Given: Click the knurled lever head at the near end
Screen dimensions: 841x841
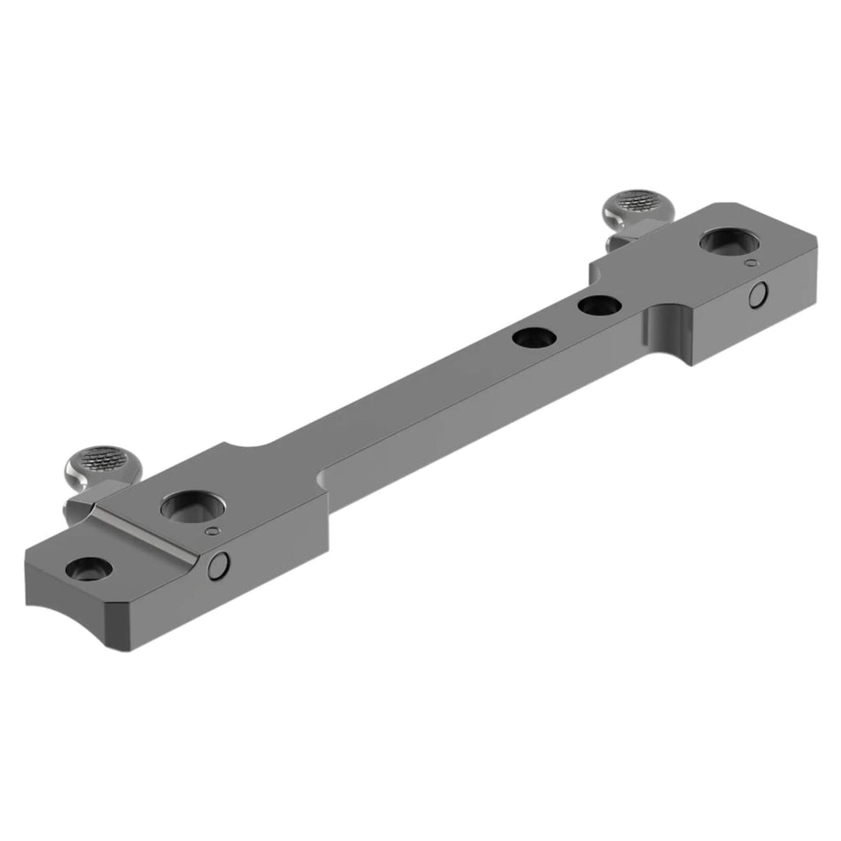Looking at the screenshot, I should click(x=99, y=462).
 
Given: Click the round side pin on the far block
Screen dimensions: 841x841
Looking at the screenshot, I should click(x=759, y=296).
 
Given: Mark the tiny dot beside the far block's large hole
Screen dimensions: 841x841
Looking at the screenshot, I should click(x=751, y=263).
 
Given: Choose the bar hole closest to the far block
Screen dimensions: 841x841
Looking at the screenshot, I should click(x=598, y=306).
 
